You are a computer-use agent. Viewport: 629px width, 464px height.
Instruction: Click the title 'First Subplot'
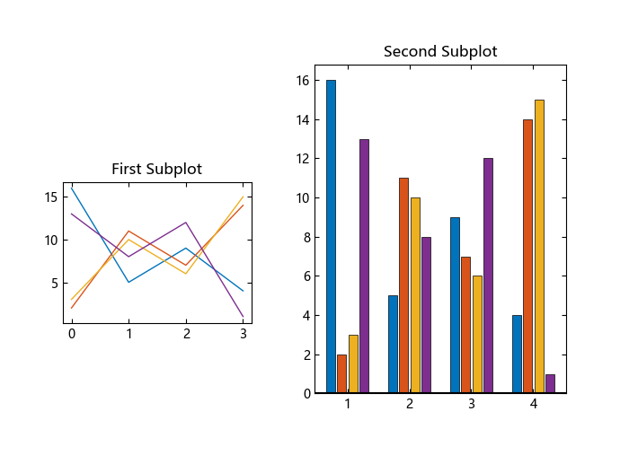(x=156, y=169)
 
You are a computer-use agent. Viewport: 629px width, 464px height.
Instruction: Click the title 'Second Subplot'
(x=440, y=51)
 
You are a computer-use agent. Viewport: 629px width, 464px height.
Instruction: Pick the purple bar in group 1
(x=364, y=266)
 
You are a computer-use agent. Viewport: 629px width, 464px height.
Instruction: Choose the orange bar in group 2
(x=403, y=285)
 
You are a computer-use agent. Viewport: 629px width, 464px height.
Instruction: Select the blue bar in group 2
(x=393, y=344)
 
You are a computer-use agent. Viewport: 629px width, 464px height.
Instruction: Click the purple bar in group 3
(x=488, y=276)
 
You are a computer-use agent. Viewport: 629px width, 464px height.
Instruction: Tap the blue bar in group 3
(x=455, y=305)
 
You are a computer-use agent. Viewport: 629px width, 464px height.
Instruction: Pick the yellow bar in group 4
(x=539, y=246)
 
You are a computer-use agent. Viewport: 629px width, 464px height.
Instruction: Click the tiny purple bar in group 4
(x=550, y=383)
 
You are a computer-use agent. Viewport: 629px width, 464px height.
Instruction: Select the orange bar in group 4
(x=527, y=256)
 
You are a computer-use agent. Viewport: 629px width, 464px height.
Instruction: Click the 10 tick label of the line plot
(x=50, y=240)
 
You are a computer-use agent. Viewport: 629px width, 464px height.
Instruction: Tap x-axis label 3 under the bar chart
(x=471, y=404)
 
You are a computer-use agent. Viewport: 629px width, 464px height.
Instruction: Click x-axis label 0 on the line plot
(x=72, y=334)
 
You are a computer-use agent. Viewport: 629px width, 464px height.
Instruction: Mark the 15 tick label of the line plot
(x=50, y=197)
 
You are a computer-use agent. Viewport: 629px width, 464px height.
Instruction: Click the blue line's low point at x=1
(x=128, y=282)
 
